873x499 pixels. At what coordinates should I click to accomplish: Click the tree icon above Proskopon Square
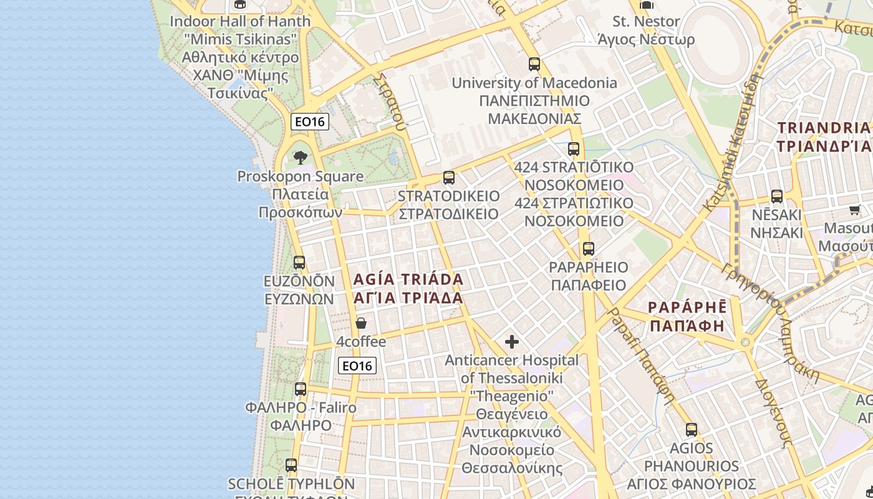[x=301, y=157]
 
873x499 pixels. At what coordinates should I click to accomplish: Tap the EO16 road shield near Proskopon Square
[x=309, y=122]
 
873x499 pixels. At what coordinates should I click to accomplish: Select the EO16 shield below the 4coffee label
[x=357, y=366]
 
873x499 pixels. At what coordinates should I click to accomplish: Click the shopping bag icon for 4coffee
[x=360, y=323]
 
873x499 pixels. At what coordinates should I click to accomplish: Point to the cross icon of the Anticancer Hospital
[x=511, y=342]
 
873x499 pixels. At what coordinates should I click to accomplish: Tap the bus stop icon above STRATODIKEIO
[x=448, y=178]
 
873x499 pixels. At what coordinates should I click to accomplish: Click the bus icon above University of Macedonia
[x=534, y=64]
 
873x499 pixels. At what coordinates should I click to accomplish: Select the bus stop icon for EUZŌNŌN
[x=299, y=263]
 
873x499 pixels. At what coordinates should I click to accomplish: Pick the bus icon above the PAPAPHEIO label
[x=588, y=249]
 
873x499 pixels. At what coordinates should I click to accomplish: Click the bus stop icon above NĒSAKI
[x=776, y=196]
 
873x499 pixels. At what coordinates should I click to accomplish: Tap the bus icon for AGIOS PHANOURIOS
[x=691, y=430]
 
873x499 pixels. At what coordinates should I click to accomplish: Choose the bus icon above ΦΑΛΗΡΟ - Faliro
[x=301, y=389]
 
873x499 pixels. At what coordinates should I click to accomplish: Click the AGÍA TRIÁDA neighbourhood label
[x=408, y=288]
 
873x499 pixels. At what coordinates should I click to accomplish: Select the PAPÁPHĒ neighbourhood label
[x=687, y=316]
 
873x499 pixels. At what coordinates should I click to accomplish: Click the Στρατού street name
[x=391, y=100]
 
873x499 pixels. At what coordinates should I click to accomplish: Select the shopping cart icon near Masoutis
[x=855, y=210]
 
